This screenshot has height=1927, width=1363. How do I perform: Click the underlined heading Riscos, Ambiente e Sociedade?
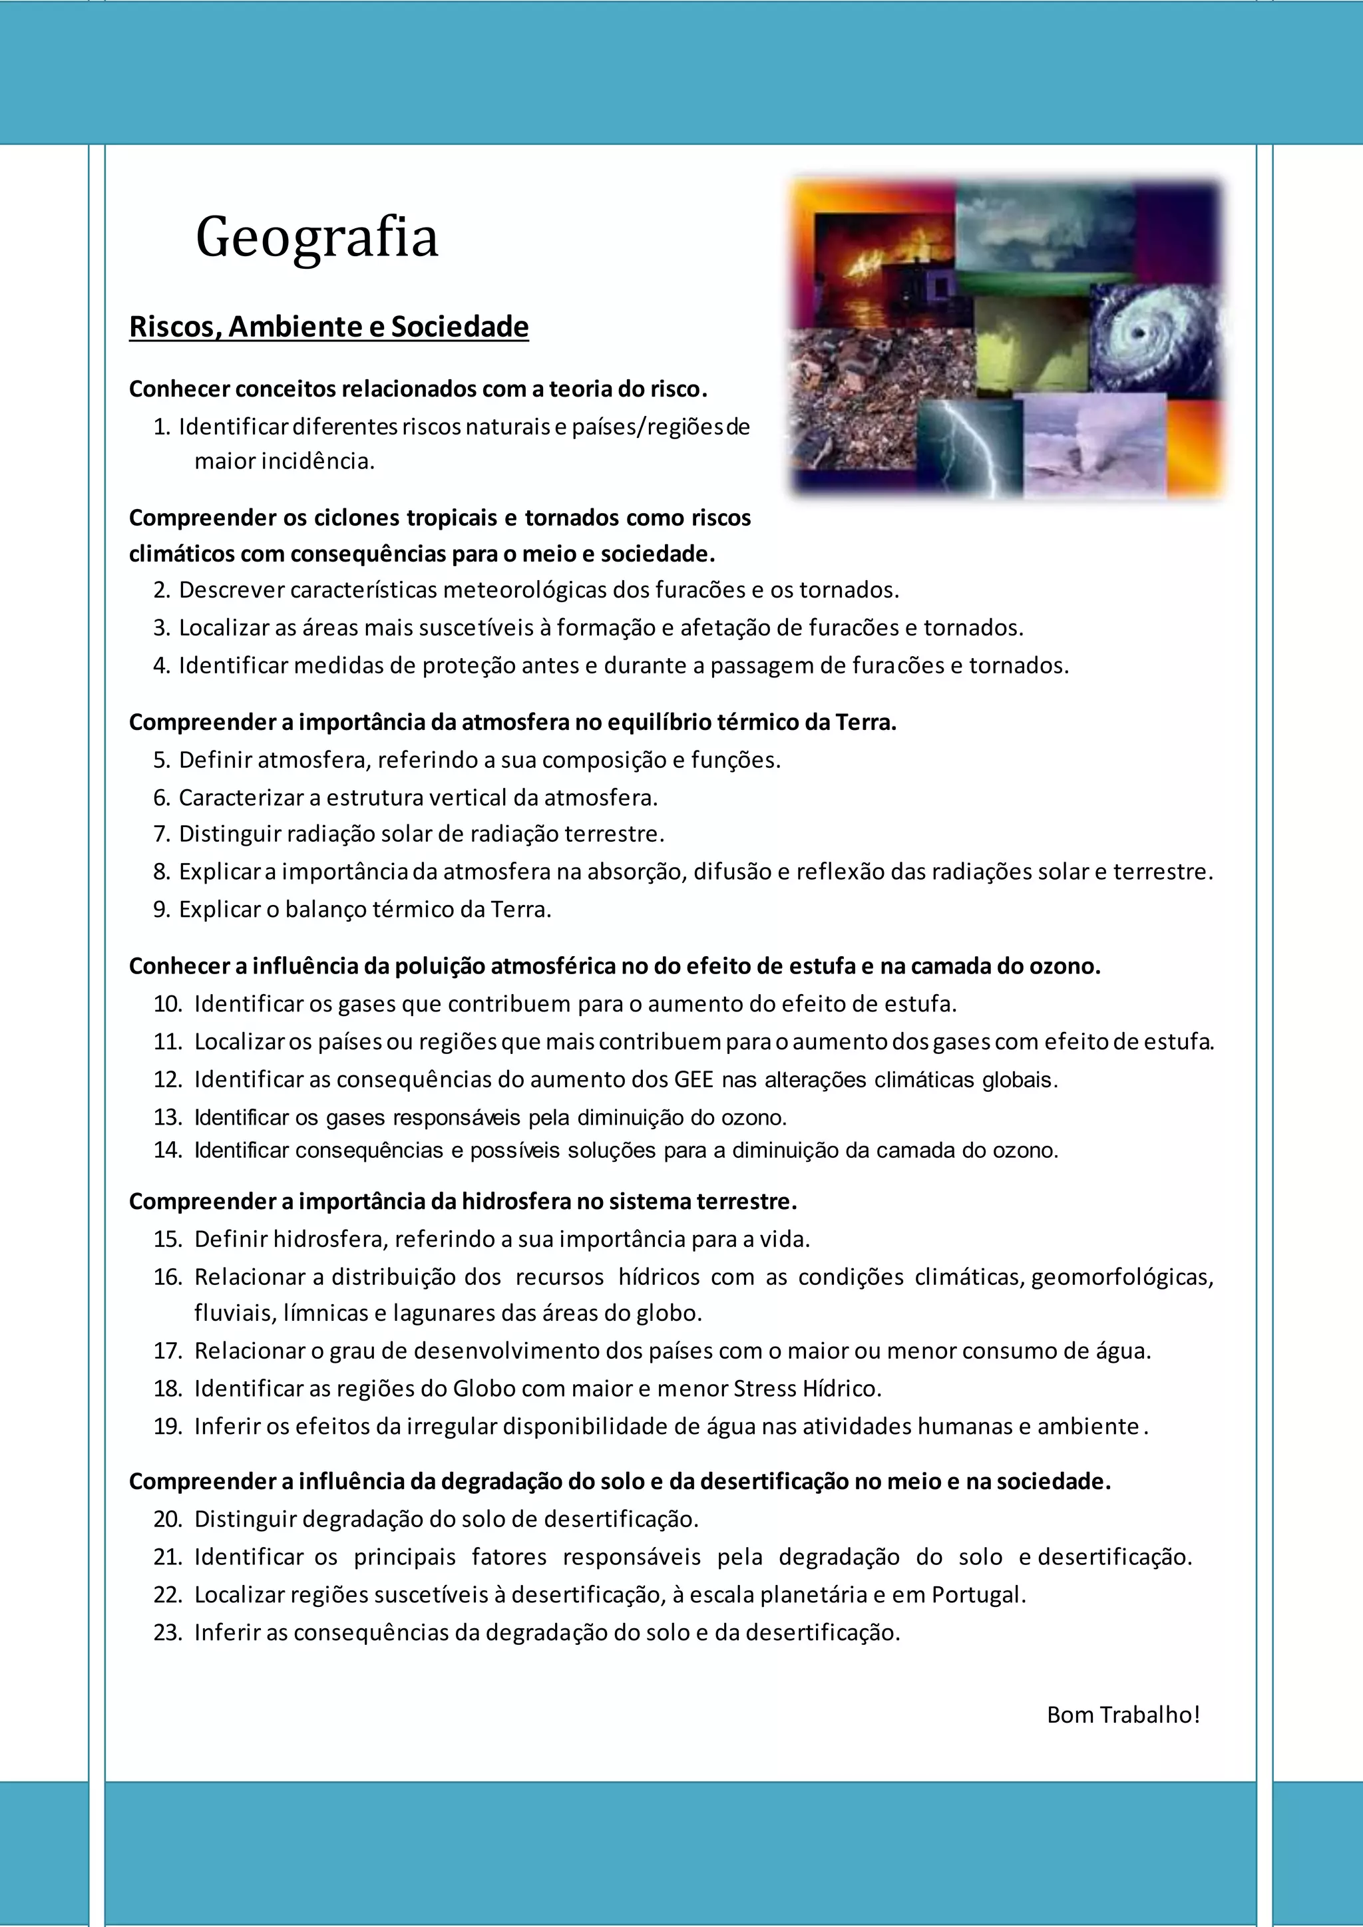328,327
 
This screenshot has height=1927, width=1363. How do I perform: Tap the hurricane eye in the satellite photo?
1138,334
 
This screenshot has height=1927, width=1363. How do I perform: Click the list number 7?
161,834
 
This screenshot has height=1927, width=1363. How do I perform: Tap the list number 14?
167,1150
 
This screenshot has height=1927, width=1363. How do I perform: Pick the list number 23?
167,1632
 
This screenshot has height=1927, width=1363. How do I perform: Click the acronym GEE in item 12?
693,1079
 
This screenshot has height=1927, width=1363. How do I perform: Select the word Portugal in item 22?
978,1595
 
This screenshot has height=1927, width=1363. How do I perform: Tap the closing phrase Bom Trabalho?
1123,1715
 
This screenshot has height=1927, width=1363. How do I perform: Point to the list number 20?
167,1520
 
